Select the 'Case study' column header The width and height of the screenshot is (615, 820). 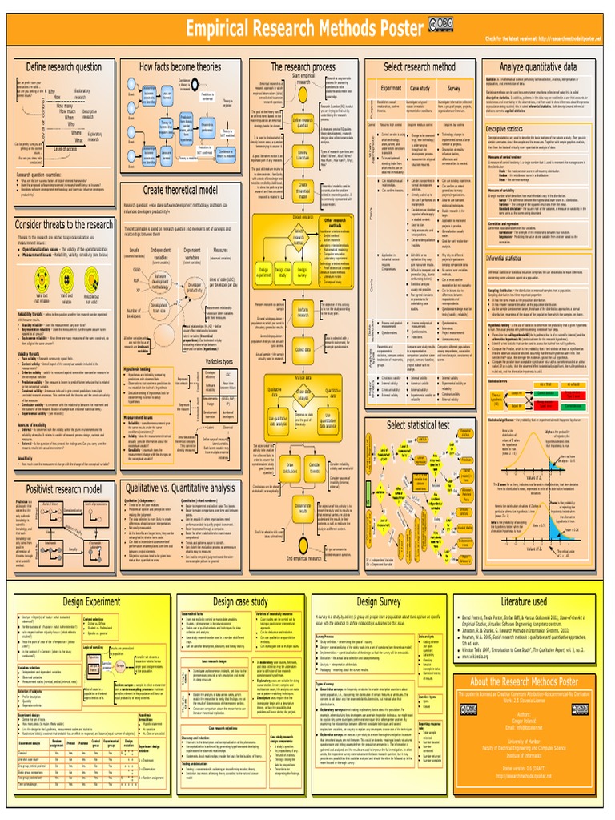point(420,88)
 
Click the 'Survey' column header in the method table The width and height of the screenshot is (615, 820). point(454,88)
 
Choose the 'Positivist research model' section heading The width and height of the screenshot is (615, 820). point(64,488)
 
